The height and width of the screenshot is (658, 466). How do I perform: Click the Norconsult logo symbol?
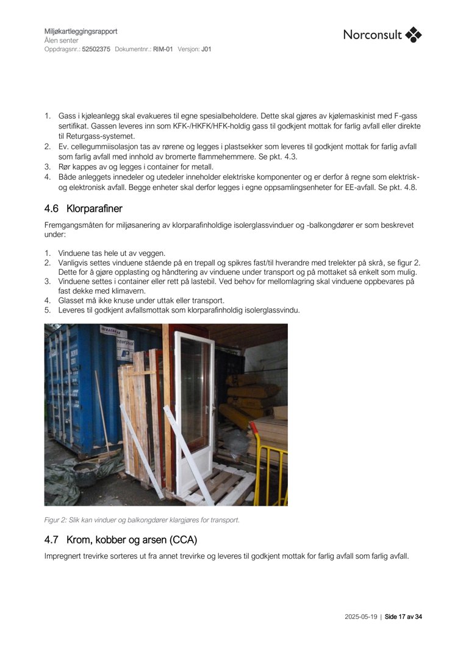(414, 35)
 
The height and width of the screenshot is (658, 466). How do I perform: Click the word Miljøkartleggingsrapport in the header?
(81, 31)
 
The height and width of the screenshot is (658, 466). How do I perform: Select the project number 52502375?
(96, 49)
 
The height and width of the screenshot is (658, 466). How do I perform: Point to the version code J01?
(206, 49)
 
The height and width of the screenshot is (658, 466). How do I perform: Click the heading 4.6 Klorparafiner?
(83, 209)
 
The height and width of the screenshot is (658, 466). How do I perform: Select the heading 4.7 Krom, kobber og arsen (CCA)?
(121, 540)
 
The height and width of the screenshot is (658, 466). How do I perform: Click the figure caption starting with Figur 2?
(142, 520)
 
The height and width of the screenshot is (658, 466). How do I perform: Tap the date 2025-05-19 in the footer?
(360, 617)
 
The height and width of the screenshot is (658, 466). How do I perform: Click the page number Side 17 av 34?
(403, 617)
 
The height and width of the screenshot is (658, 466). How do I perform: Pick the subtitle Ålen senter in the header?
(62, 40)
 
